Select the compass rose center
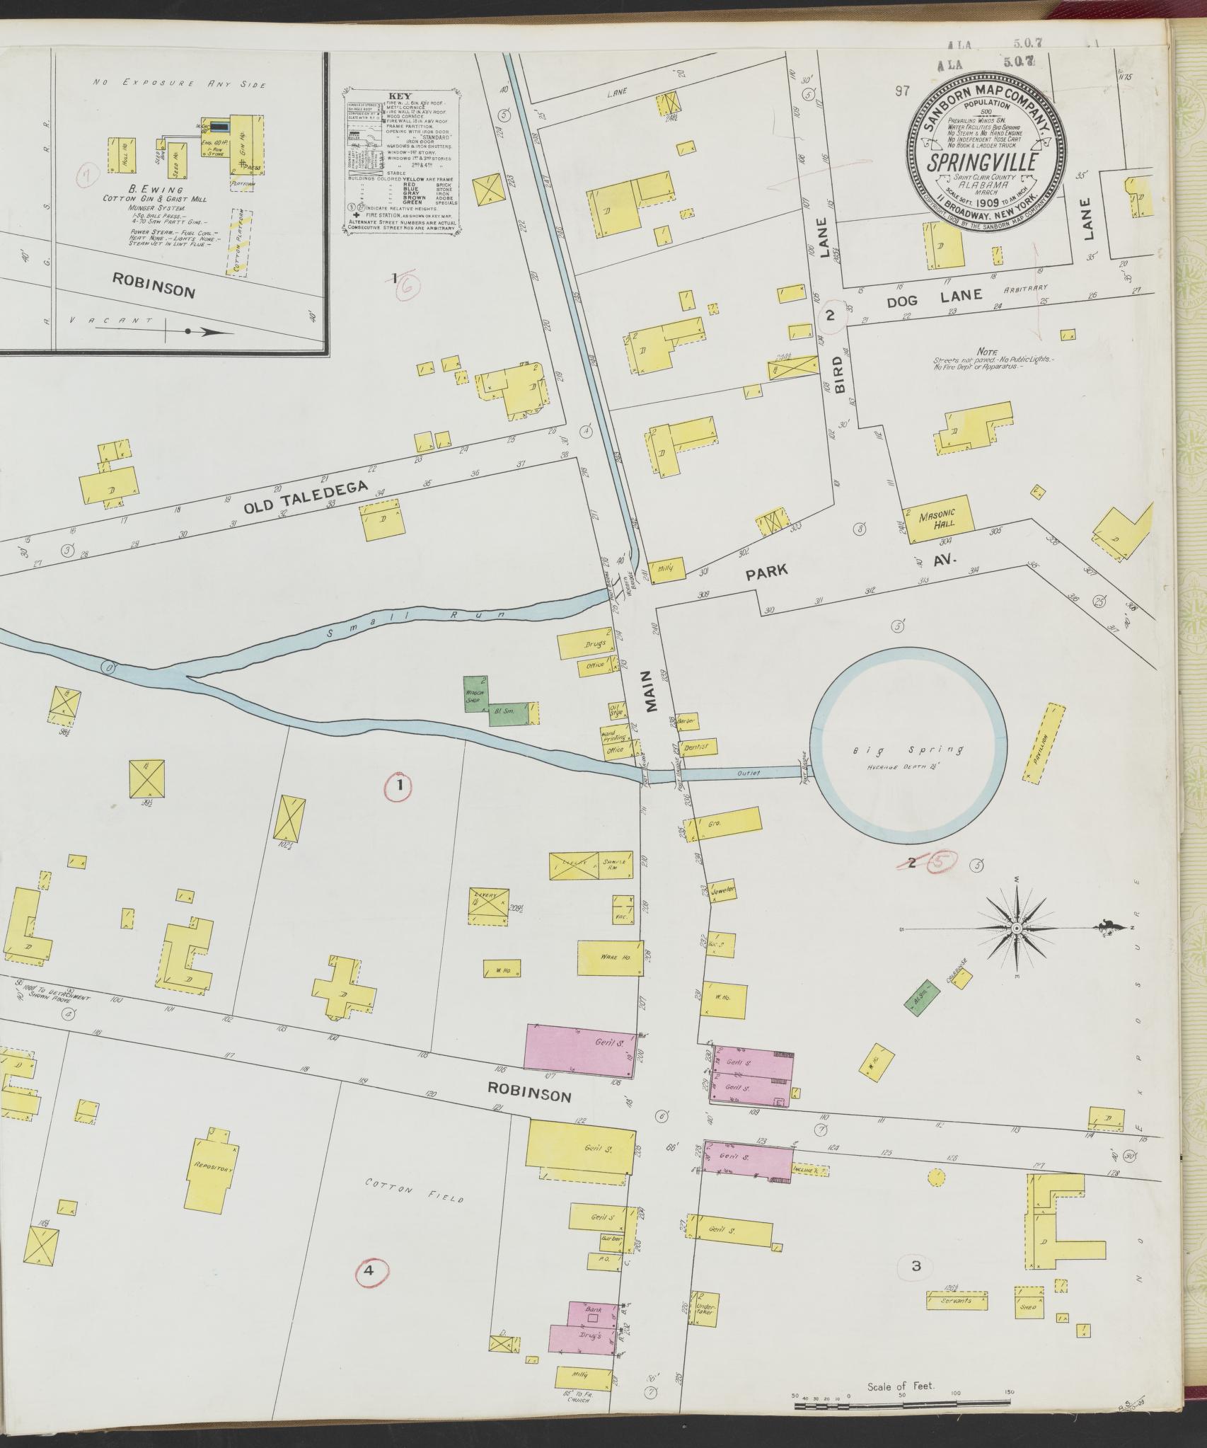[x=1016, y=928]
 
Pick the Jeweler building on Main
[x=722, y=890]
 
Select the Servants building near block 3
[x=956, y=1301]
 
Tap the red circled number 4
[x=369, y=1270]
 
